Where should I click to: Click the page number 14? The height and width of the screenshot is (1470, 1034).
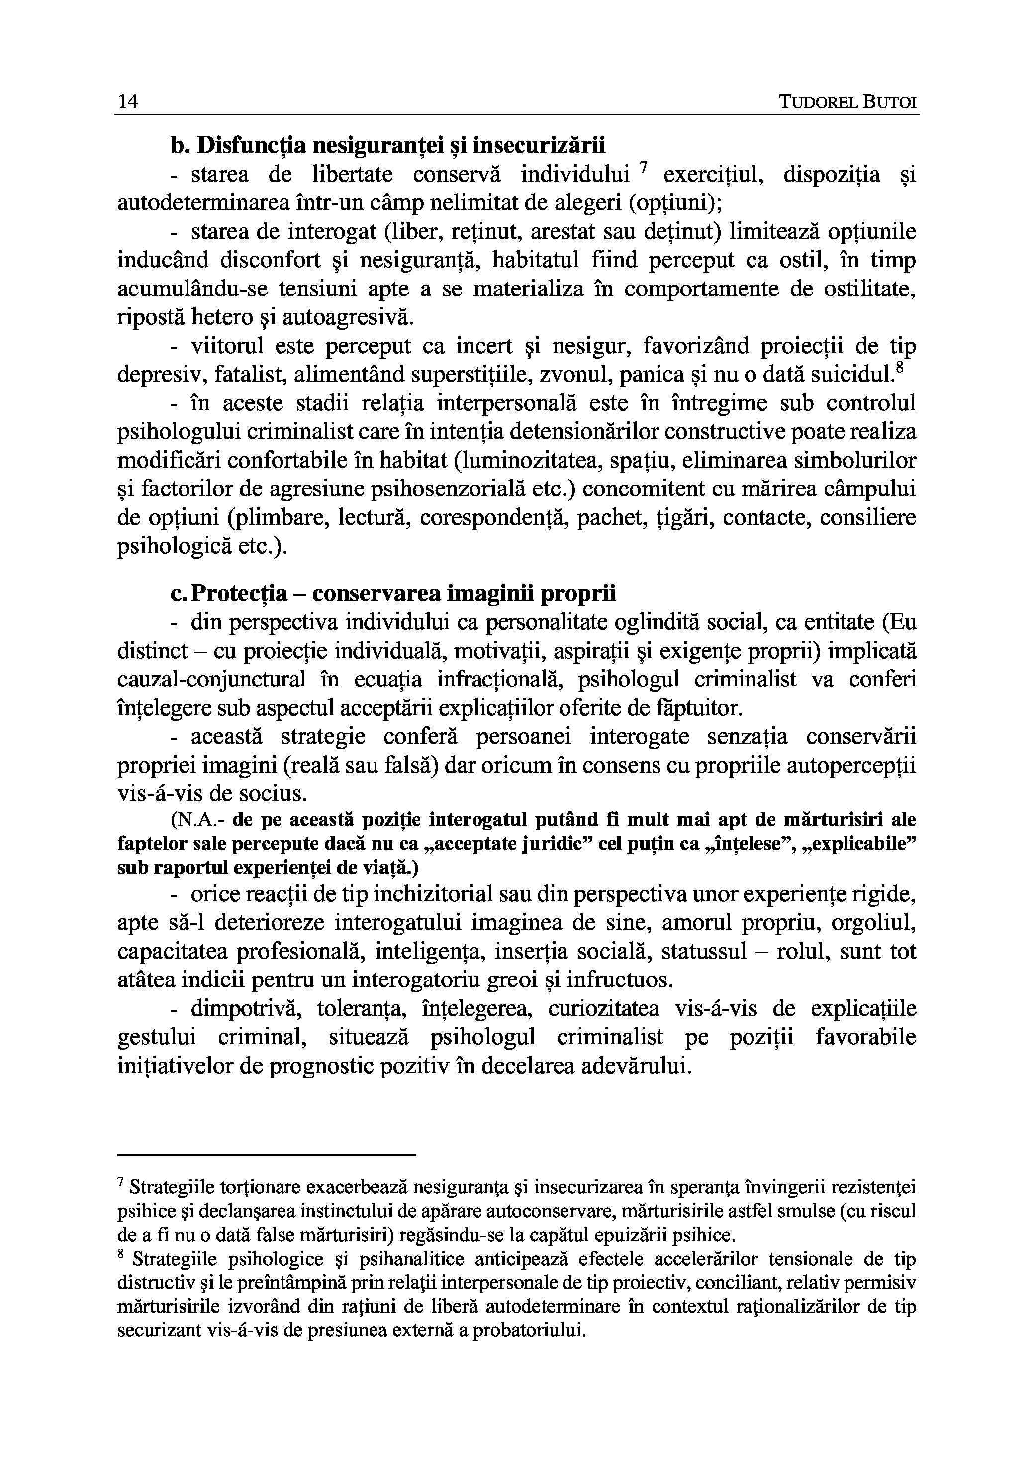click(x=128, y=102)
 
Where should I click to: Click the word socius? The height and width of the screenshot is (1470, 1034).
click(x=272, y=794)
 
